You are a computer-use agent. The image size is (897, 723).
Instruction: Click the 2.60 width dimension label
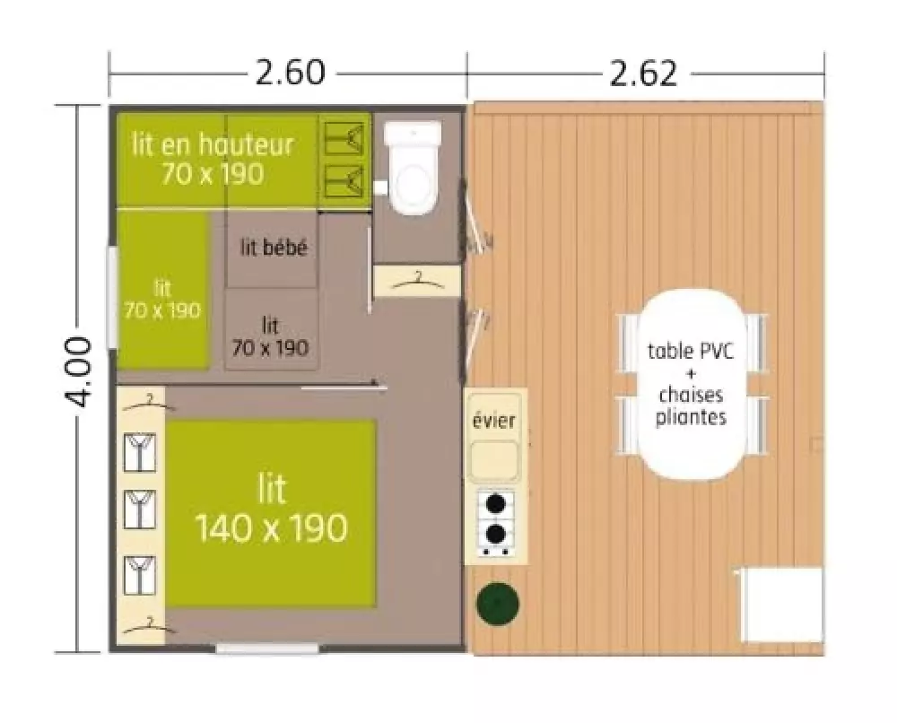pyautogui.click(x=290, y=73)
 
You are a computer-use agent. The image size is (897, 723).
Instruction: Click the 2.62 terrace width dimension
pyautogui.click(x=643, y=74)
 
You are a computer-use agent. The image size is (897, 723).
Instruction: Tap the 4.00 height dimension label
pyautogui.click(x=76, y=371)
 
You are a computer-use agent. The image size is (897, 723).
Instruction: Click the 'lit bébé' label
pyautogui.click(x=274, y=248)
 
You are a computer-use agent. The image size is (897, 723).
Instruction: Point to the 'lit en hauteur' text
pyautogui.click(x=213, y=144)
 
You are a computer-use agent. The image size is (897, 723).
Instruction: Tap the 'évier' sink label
pyautogui.click(x=493, y=421)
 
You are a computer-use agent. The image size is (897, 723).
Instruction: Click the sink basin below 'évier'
pyautogui.click(x=494, y=460)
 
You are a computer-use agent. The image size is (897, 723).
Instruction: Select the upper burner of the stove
pyautogui.click(x=495, y=503)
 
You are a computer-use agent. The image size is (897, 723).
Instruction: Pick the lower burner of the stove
pyautogui.click(x=495, y=534)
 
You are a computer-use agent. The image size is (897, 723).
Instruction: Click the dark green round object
pyautogui.click(x=498, y=604)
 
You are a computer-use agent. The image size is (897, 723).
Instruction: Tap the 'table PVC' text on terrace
pyautogui.click(x=690, y=350)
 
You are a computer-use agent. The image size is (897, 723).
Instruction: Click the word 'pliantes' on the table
pyautogui.click(x=691, y=417)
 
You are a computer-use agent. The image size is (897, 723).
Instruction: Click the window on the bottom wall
pyautogui.click(x=267, y=648)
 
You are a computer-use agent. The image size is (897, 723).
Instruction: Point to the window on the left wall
pyautogui.click(x=113, y=298)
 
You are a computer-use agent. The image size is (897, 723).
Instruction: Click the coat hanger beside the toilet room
pyautogui.click(x=417, y=280)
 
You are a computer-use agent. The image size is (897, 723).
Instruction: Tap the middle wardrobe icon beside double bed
pyautogui.click(x=140, y=510)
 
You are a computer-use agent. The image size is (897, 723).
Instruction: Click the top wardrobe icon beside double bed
pyautogui.click(x=140, y=452)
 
